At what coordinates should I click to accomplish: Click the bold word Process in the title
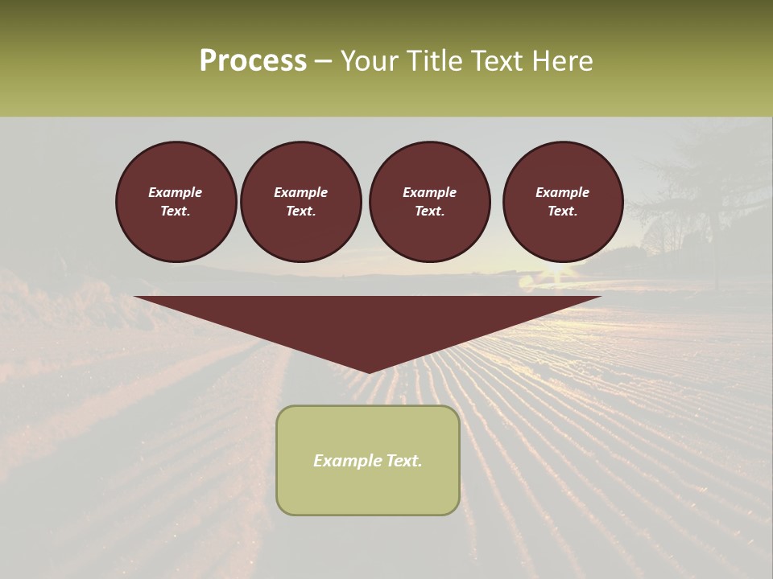coord(253,61)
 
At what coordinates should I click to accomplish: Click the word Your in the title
coord(371,61)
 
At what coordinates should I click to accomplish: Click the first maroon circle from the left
coord(176,201)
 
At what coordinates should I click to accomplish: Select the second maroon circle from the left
coord(300,201)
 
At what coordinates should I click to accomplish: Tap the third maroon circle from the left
coord(429,201)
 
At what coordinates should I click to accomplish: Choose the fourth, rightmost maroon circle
coord(562,201)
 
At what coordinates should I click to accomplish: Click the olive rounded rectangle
coord(368,460)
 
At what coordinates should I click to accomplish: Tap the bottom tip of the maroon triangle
coord(368,372)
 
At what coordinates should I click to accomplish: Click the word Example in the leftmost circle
coord(176,192)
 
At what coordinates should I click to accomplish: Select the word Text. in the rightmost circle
coord(562,211)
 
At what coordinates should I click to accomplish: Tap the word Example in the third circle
coord(429,192)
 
